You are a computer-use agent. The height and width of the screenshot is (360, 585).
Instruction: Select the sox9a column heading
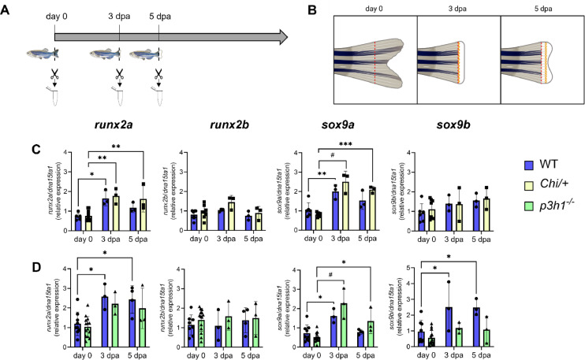345,126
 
